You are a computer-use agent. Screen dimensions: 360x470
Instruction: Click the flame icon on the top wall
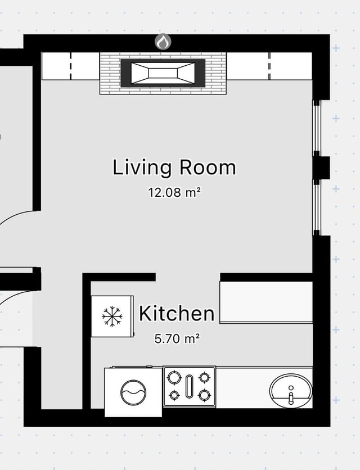pos(163,42)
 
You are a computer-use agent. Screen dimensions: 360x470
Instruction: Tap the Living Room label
pos(174,168)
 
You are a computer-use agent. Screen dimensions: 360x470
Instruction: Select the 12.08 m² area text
pos(174,192)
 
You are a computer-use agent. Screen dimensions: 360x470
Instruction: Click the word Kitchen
pos(177,314)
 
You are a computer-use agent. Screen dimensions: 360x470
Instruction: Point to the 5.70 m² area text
pos(177,338)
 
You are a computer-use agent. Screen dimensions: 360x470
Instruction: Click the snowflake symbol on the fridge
pos(112,316)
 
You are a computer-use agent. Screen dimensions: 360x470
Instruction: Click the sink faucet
pos(291,395)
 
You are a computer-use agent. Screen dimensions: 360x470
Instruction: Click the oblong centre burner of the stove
pos(188,387)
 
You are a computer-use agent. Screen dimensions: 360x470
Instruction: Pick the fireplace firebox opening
pos(163,73)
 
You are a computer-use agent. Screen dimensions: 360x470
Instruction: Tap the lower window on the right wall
pos(317,207)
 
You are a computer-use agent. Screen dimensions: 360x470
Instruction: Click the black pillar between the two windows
pos(322,168)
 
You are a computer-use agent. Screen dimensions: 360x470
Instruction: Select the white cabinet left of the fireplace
pos(70,66)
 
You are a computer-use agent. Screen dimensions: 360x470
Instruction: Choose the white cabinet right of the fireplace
pos(269,66)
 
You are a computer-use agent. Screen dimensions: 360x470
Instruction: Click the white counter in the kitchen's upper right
pos(266,302)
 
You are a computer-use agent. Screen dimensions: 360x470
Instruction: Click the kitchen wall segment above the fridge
pos(119,277)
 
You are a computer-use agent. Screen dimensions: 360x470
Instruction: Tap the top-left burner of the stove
pos(174,377)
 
